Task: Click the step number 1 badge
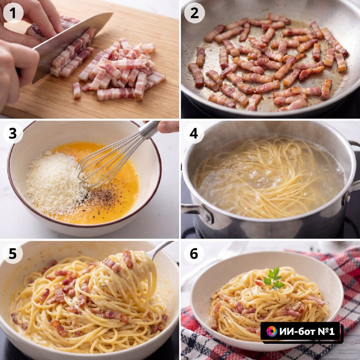[13, 13]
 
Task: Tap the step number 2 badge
[194, 13]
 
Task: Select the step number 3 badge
[13, 133]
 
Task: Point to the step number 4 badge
[194, 133]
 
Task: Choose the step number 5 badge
[13, 254]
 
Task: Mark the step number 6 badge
[194, 254]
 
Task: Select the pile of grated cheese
[55, 182]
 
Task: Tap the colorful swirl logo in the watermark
[272, 331]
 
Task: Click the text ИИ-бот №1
[307, 331]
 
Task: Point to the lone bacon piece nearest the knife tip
[76, 91]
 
